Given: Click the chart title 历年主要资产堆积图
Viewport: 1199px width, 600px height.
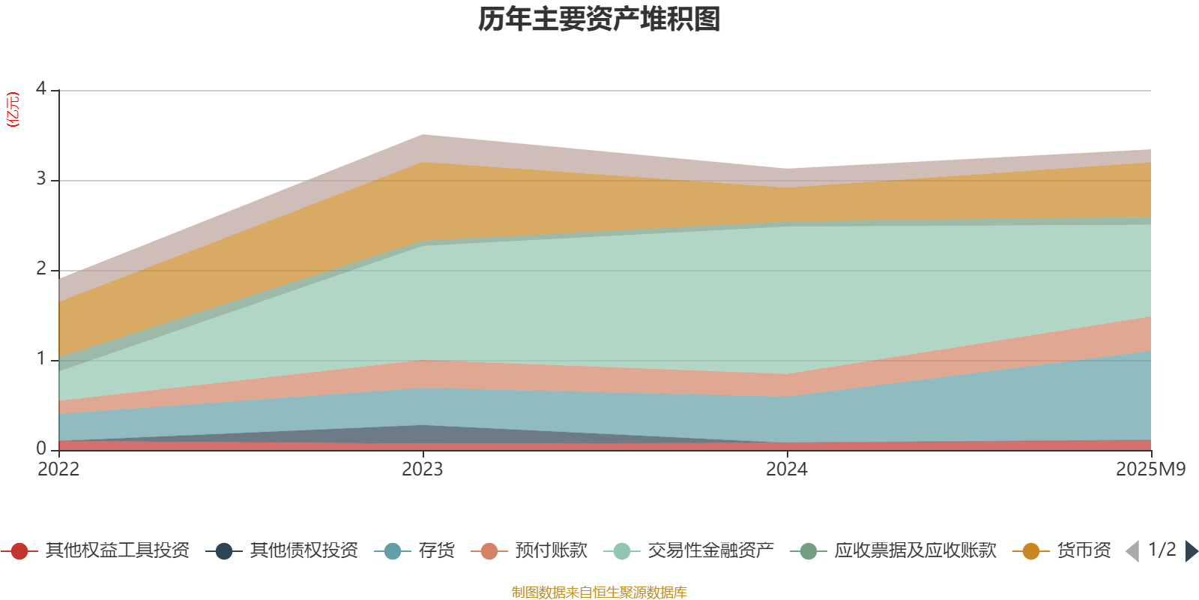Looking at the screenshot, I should click(599, 19).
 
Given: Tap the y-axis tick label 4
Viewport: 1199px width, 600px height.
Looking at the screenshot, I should click(40, 89).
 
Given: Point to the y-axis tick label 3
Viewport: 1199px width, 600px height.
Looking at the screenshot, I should click(40, 180).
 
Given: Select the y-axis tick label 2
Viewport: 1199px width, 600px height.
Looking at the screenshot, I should click(40, 269).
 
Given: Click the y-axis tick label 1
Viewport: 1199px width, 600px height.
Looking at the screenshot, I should click(40, 359).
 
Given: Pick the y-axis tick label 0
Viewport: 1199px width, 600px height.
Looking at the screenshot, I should click(40, 448).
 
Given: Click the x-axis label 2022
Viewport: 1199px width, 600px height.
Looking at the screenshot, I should click(58, 469).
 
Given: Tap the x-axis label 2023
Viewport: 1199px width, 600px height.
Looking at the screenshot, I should click(423, 469).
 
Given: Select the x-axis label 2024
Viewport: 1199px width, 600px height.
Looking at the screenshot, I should click(787, 469).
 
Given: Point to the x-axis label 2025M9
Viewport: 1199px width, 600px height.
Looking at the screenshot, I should click(1150, 469).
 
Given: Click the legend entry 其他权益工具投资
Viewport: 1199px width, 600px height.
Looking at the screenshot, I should click(117, 551).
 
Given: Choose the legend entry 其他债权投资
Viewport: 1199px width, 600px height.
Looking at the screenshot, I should click(303, 551).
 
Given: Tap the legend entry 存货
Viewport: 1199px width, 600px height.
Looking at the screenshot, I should click(436, 551).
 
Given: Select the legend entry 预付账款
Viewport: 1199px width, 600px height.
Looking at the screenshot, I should click(551, 551).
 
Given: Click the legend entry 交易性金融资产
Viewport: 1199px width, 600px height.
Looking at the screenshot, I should click(710, 551).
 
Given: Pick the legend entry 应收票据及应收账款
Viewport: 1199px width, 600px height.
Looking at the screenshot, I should click(915, 551).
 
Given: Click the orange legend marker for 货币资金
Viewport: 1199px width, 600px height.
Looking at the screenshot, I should click(1031, 551).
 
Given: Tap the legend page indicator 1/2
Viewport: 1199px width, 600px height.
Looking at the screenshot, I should click(1162, 550).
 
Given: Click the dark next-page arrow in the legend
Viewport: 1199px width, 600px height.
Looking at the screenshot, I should click(1191, 551).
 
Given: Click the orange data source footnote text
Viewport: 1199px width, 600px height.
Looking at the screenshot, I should click(599, 592).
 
